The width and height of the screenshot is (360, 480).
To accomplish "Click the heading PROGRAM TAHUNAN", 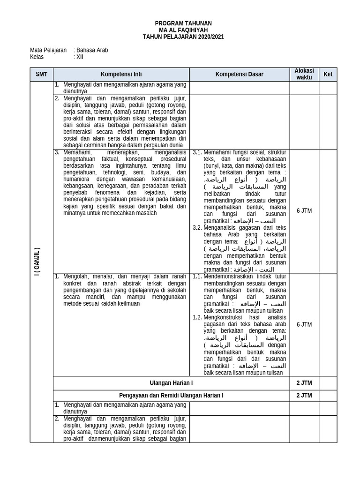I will point(183,23).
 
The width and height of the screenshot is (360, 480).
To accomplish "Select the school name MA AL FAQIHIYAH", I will point(183,30).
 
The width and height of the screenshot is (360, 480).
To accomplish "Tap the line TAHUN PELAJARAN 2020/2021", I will point(183,37).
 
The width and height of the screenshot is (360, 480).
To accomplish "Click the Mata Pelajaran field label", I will point(48,50).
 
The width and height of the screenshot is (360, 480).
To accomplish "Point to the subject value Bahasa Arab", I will point(92,50).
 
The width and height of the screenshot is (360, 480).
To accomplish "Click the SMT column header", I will point(42,74).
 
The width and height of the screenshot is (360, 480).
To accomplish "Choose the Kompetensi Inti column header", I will point(121,74).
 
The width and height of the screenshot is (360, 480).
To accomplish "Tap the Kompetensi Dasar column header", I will point(239,74).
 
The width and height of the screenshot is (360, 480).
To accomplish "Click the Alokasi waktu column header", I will point(304,74).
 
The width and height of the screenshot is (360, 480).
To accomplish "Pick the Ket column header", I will point(328,74).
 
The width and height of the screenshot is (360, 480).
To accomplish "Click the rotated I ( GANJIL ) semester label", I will point(37,262).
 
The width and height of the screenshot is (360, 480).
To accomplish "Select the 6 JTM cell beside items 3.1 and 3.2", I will point(304,211).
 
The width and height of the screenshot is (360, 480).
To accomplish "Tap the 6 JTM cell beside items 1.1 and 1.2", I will point(304,324).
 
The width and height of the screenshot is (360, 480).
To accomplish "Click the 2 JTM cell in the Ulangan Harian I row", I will point(304,383).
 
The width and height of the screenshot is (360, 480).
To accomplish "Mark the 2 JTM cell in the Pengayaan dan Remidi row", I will point(304,396).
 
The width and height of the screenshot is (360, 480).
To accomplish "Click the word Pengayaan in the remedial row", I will point(132,396).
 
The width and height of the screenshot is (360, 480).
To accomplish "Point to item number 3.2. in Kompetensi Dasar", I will point(197,228).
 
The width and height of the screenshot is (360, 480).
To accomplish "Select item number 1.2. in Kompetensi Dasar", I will point(197,317).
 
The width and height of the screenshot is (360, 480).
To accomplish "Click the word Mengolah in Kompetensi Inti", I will point(76,276).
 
